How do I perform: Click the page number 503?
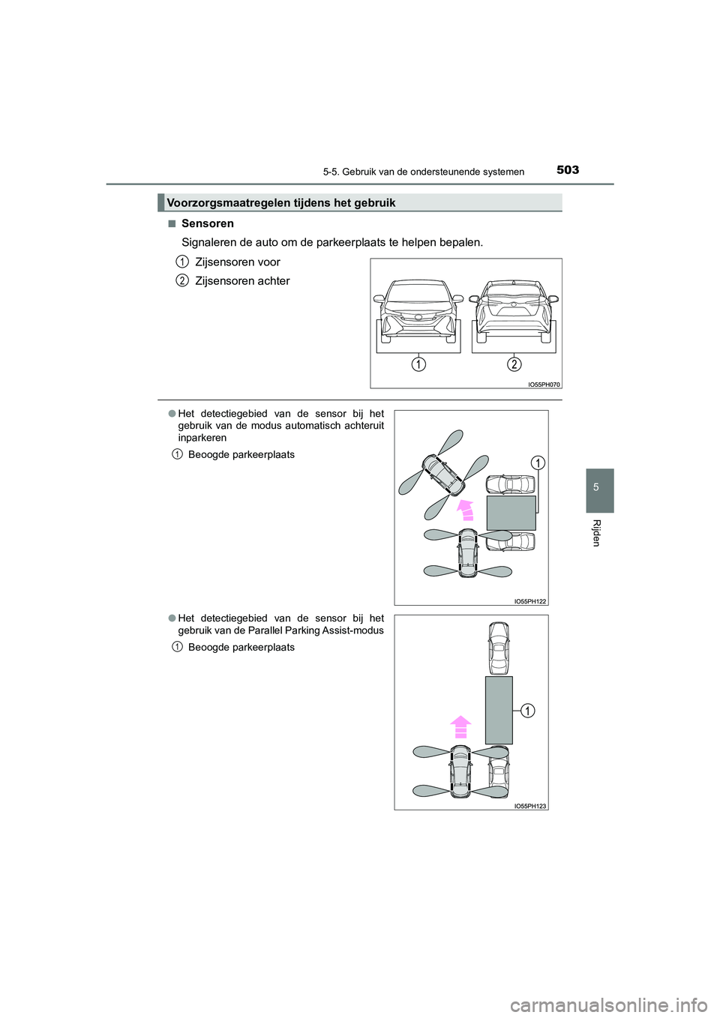pos(568,170)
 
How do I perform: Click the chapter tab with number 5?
pos(596,488)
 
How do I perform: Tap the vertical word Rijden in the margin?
pos(596,532)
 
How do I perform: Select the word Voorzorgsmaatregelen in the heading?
pos(223,202)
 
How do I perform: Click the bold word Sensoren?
pos(208,223)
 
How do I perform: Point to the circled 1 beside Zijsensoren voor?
pos(181,262)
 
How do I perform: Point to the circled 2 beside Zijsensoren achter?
pos(181,280)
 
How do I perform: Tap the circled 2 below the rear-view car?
pos(514,364)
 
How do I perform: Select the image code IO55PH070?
pos(544,385)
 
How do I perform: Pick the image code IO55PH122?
pos(530,601)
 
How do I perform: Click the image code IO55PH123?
pos(530,806)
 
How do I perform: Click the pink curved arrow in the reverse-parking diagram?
pos(466,509)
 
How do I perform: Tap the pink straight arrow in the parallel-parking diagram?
pos(460,726)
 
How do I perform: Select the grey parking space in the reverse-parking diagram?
pos(511,513)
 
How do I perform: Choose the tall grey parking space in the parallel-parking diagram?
pos(499,709)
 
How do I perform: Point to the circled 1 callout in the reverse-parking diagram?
pos(538,463)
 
